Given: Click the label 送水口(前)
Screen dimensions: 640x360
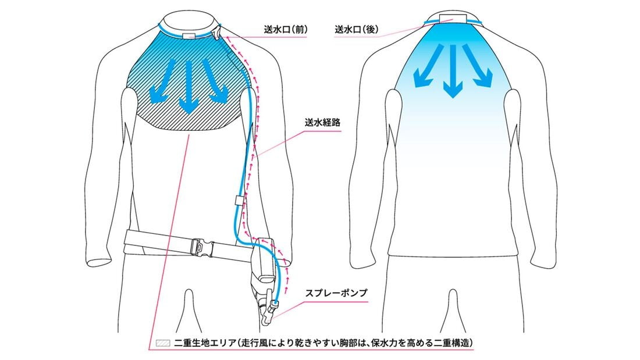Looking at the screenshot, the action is pos(285,30).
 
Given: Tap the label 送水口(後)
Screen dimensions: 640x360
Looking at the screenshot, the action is pos(356,30).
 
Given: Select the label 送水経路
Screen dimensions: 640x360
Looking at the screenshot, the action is pos(322,123).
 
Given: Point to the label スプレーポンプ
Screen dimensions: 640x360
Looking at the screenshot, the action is pos(336,293).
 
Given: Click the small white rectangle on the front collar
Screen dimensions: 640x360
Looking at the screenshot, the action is pos(189,35).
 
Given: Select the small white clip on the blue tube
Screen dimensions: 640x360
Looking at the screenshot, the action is pos(239,201).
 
